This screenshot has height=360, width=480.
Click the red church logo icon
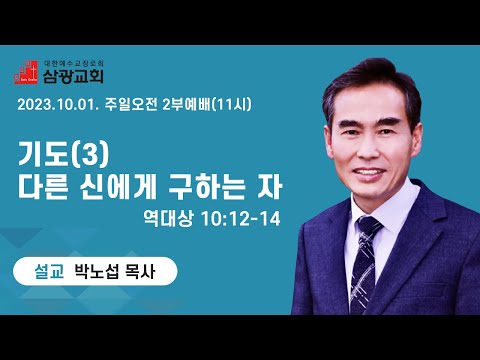click(x=26, y=72)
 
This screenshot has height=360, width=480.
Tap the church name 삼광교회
click(x=73, y=76)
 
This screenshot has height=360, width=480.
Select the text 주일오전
click(x=131, y=105)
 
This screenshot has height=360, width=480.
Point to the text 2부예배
click(x=188, y=105)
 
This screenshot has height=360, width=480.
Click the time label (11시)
click(x=232, y=105)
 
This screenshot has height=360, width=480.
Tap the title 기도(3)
click(x=63, y=154)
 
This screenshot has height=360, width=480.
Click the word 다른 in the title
click(x=43, y=188)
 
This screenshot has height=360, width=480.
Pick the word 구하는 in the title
click(x=207, y=188)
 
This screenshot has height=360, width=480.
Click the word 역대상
click(x=168, y=219)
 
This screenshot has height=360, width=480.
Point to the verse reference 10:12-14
click(x=241, y=219)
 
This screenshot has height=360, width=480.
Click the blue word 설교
click(x=49, y=272)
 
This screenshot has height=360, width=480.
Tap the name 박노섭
click(x=96, y=272)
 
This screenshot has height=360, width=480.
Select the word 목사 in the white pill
click(x=140, y=272)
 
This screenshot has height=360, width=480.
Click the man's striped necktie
click(x=365, y=263)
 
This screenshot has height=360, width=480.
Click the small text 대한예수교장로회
click(x=74, y=63)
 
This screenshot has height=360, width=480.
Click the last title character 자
click(x=269, y=188)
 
